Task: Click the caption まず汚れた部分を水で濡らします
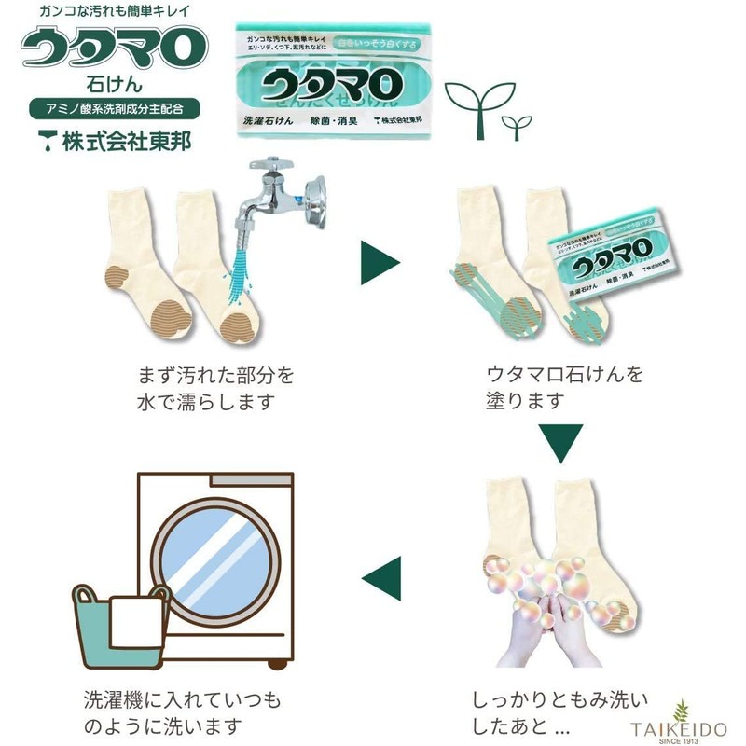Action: click(215, 389)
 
